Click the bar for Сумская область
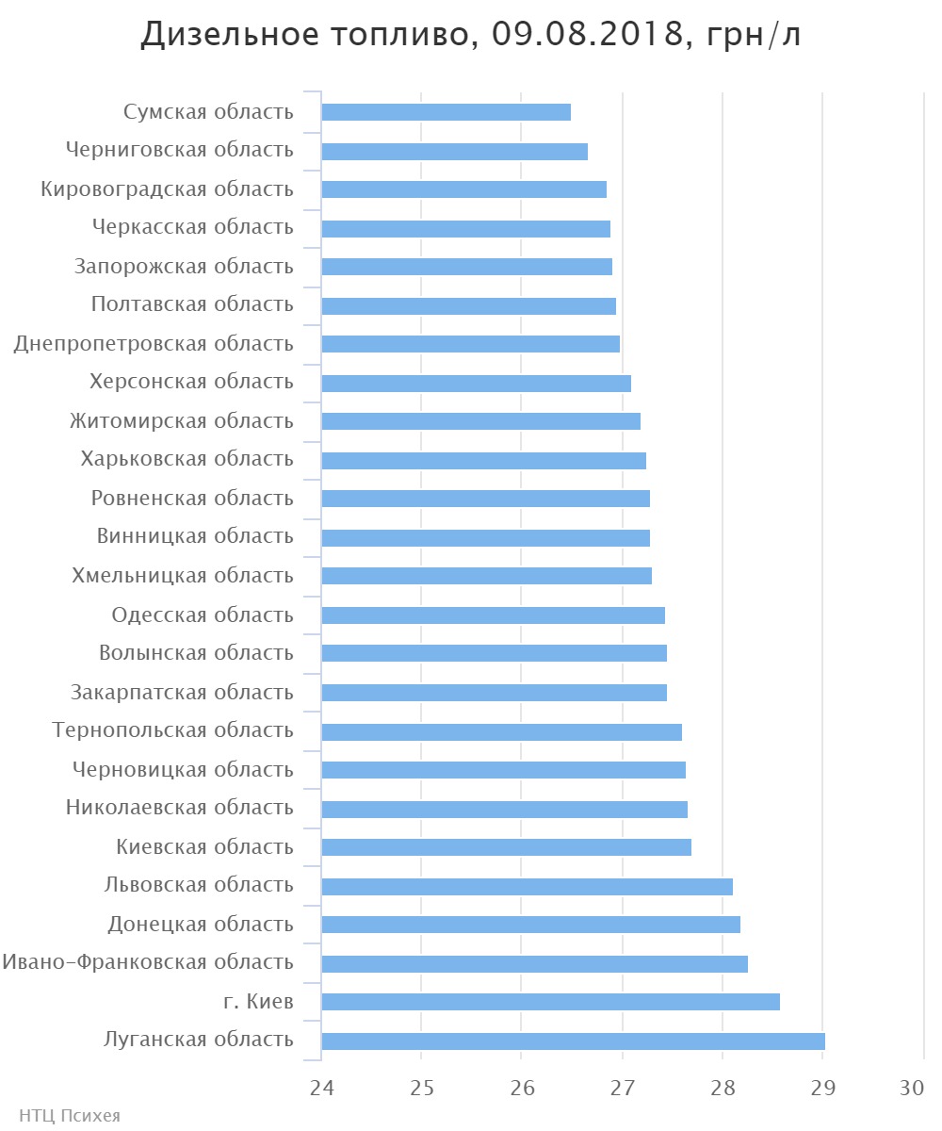coord(446,112)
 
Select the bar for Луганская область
coord(573,1041)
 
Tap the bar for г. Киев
coord(550,1002)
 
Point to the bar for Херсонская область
coord(476,384)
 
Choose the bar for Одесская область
coord(493,615)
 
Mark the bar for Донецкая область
coord(530,925)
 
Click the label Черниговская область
coord(180,150)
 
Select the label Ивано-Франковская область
coord(148,962)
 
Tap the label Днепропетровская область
coord(154,344)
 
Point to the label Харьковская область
coord(187,459)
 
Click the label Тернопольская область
coord(173,730)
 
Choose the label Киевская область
coord(204,847)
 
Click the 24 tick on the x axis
coord(322,1088)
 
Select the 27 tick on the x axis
coord(623,1088)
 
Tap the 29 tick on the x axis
coord(822,1088)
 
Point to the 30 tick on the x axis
coord(912,1088)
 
